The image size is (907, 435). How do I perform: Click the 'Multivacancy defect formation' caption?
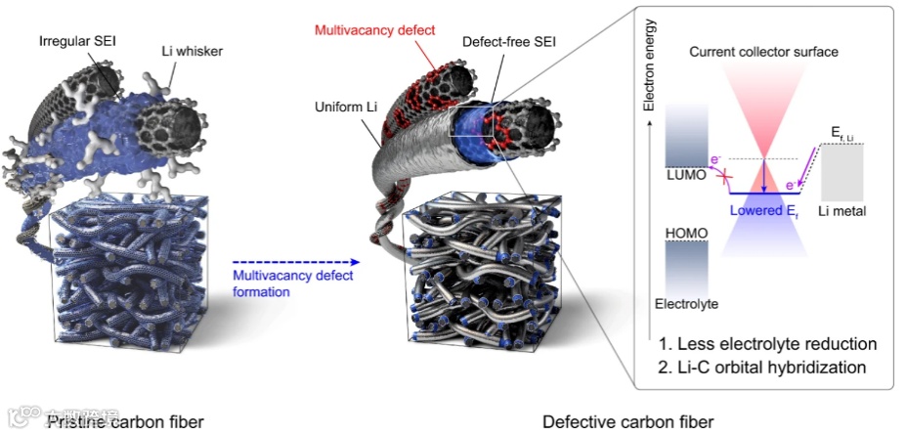point(293,283)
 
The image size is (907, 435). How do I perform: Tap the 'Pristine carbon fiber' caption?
point(126,421)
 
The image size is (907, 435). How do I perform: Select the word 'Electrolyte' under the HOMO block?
point(687,304)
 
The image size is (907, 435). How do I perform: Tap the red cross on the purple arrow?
point(724,177)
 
